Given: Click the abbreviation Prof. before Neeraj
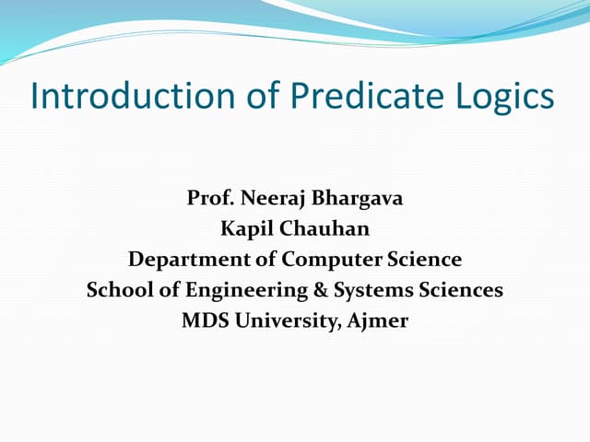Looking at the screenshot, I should tap(208, 198).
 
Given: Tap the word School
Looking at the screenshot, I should tap(118, 290).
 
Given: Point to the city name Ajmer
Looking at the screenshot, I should tap(380, 320).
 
